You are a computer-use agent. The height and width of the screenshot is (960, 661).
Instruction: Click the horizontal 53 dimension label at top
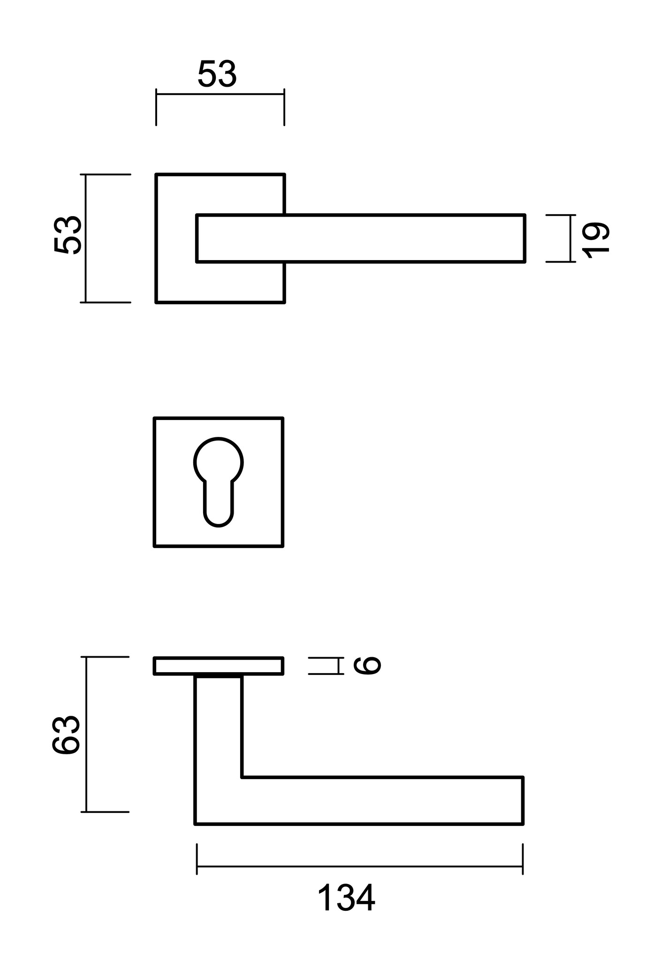point(217,75)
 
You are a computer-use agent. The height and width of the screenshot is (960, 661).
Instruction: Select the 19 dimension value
point(596,239)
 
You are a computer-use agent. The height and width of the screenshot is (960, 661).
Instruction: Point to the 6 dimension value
point(367,666)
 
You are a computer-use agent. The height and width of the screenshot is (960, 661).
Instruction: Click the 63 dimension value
point(66,735)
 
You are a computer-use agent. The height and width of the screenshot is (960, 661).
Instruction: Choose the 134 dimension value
point(346,898)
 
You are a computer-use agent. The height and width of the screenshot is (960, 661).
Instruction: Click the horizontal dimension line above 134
point(359,866)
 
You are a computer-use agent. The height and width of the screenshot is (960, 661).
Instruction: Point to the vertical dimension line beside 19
point(570,238)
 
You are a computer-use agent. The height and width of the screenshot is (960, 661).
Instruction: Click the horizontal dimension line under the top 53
point(220,94)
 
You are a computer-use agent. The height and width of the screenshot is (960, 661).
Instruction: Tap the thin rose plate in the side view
point(219,666)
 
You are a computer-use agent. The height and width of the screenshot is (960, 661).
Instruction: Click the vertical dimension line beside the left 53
point(86,238)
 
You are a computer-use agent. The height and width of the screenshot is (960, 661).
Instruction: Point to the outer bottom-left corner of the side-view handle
point(196,823)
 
